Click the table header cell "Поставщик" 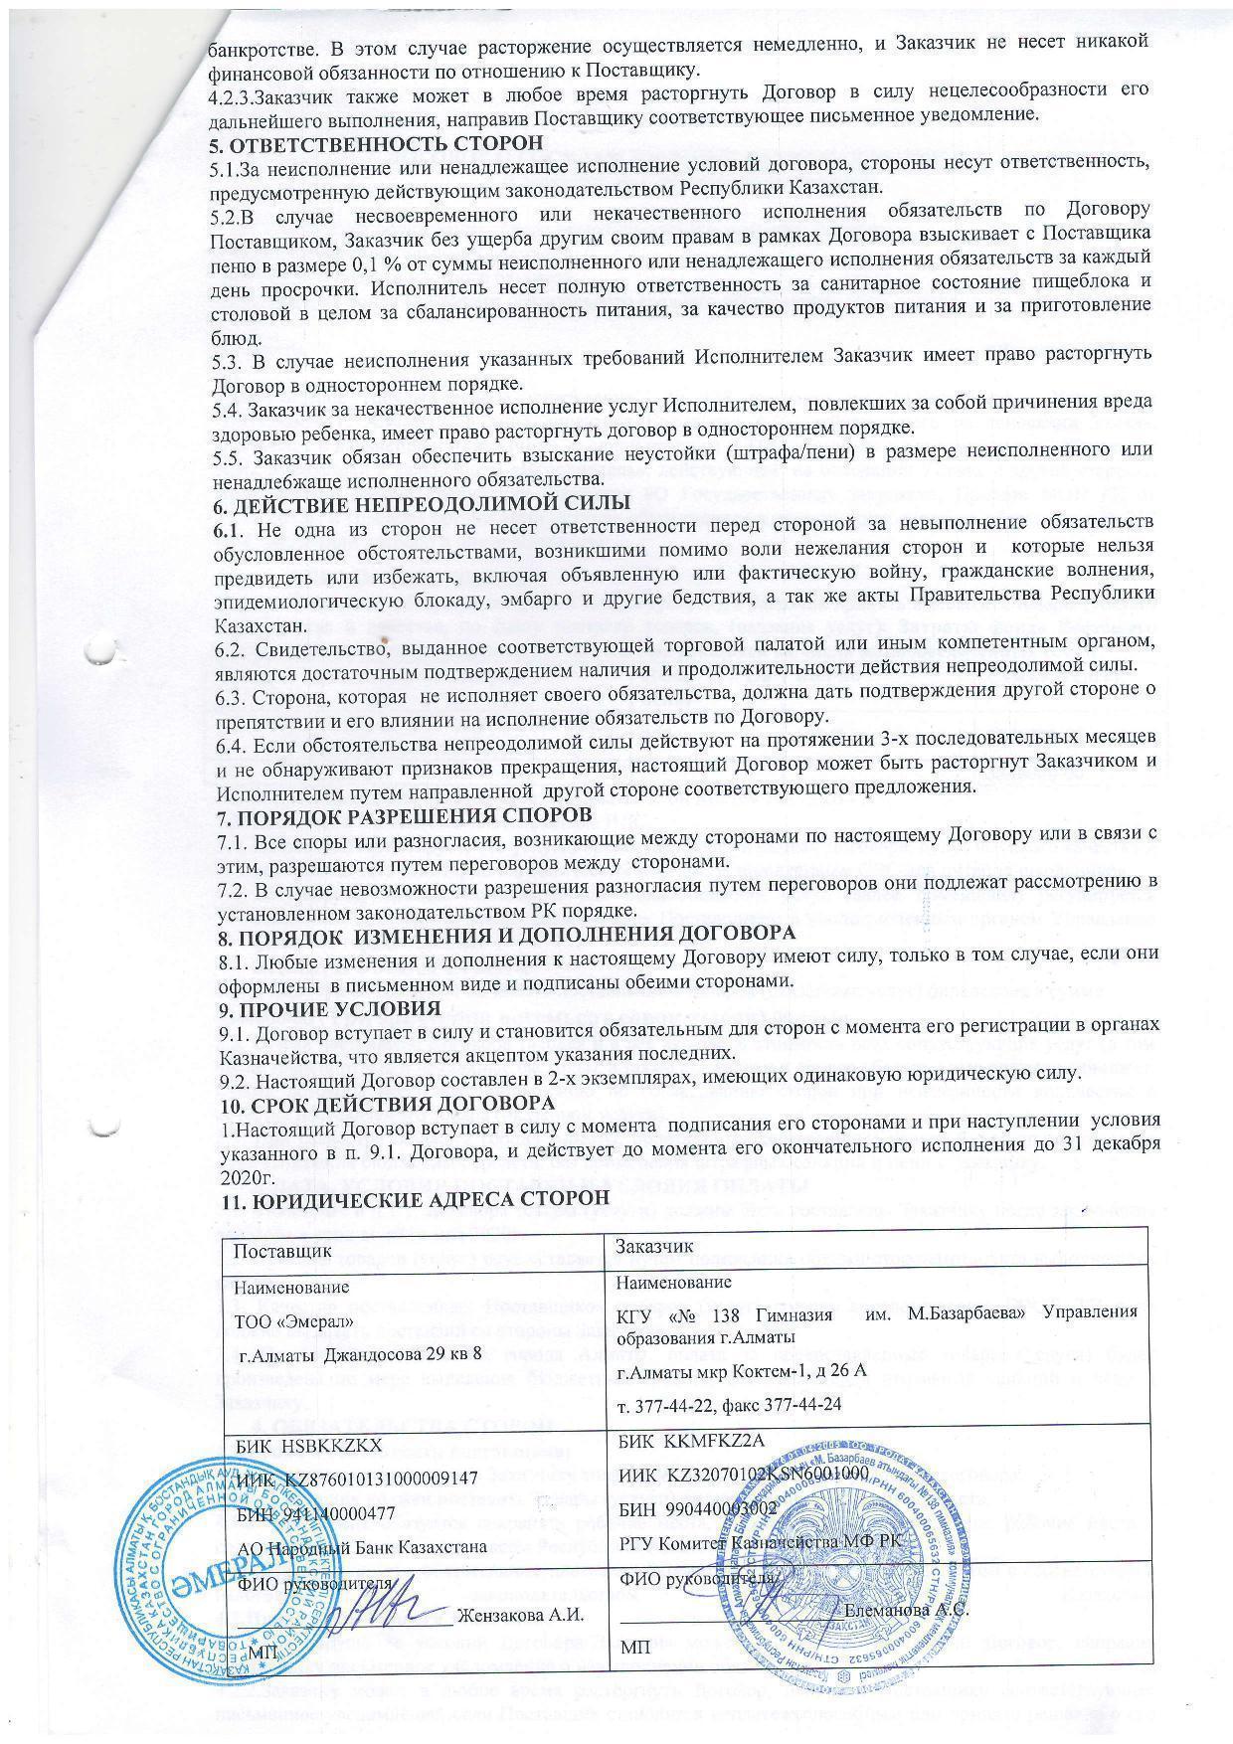pos(277,1246)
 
